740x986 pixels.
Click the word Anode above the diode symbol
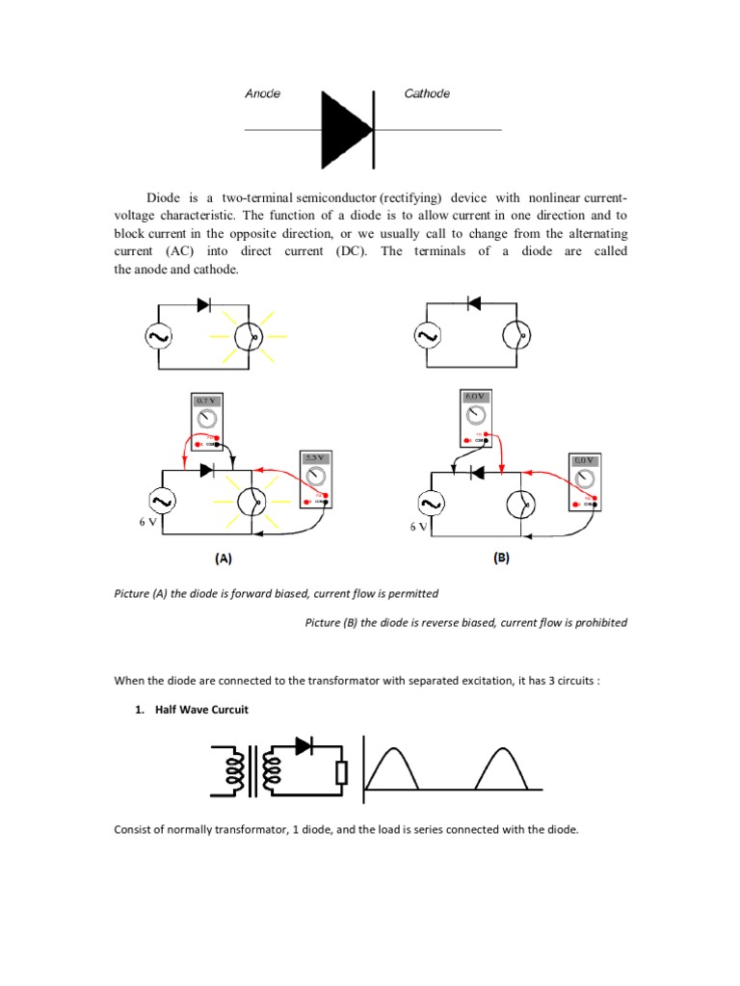pos(262,93)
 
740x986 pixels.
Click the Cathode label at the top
pos(427,93)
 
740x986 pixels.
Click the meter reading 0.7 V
pos(206,401)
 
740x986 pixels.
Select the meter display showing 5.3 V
pos(314,458)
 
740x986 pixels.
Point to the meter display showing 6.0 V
pos(476,397)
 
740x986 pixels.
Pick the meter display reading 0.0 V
pos(584,461)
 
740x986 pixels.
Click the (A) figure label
pos(223,558)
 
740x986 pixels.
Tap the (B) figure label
pos(501,558)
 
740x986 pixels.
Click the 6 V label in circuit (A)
pos(145,523)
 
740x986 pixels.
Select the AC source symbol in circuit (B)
pos(426,503)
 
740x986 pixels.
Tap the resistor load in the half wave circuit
pos(340,774)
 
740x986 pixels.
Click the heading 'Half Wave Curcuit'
pos(201,711)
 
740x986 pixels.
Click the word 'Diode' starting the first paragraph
pos(165,197)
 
